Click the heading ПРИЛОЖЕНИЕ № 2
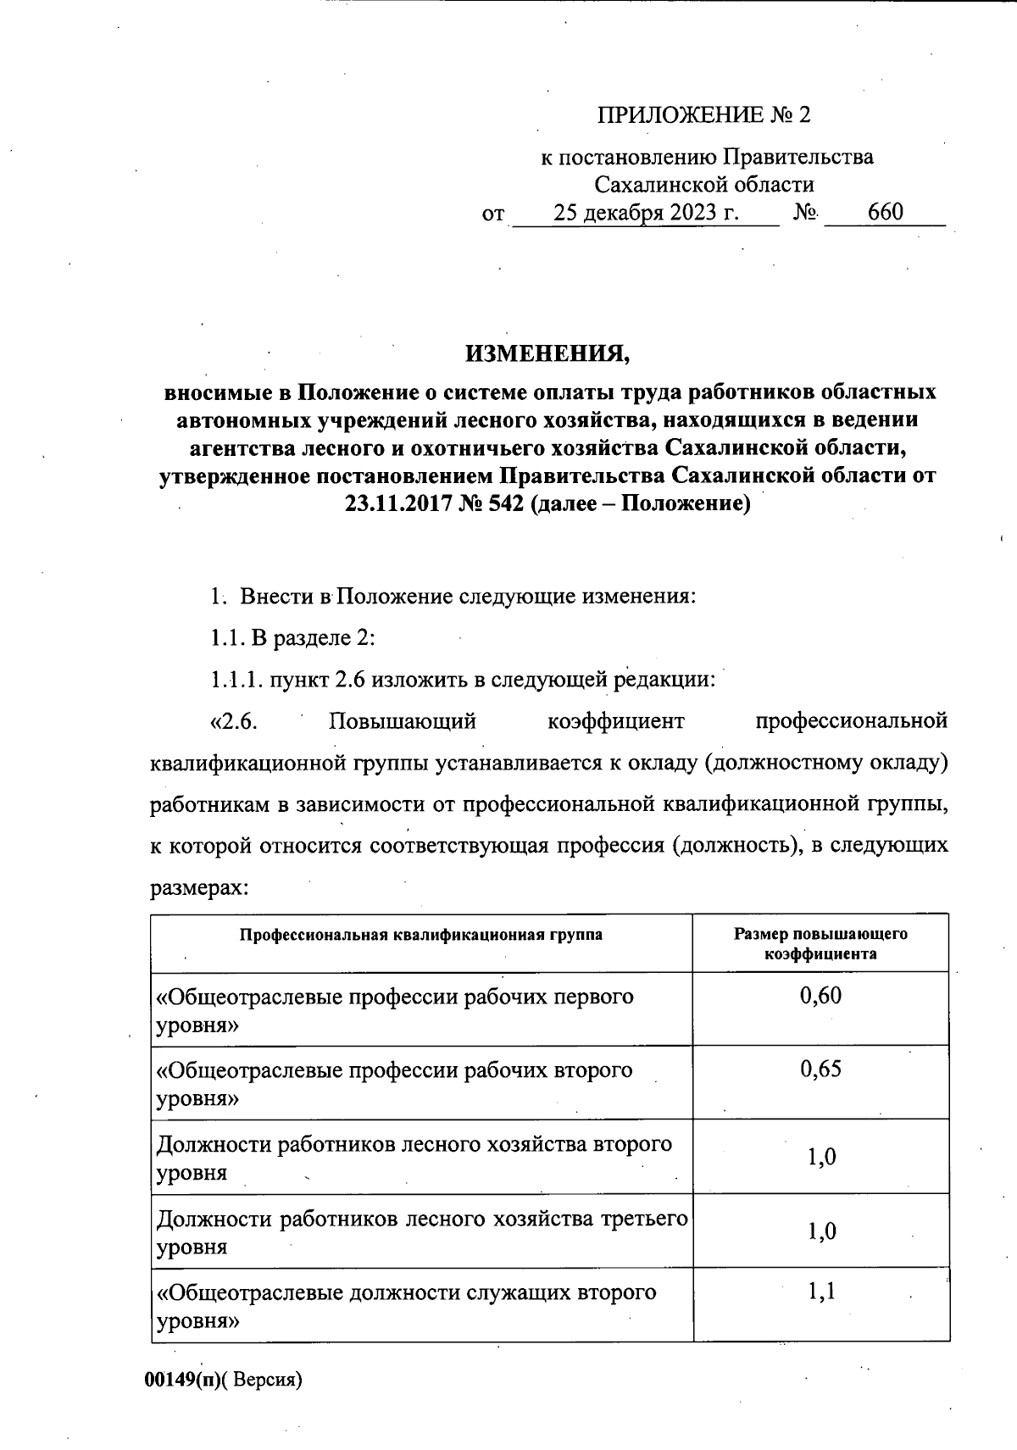pyautogui.click(x=704, y=114)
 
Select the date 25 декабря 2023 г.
pyautogui.click(x=647, y=212)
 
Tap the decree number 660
pyautogui.click(x=886, y=212)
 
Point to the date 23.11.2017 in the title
pyautogui.click(x=396, y=504)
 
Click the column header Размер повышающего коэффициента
pyautogui.click(x=820, y=943)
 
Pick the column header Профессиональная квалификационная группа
pyautogui.click(x=421, y=935)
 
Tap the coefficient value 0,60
pyautogui.click(x=820, y=995)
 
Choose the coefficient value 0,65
pyautogui.click(x=820, y=1069)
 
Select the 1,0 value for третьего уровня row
pyautogui.click(x=820, y=1231)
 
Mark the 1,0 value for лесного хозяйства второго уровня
pyautogui.click(x=820, y=1157)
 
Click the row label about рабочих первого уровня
pyautogui.click(x=395, y=1010)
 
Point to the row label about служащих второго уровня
pyautogui.click(x=407, y=1307)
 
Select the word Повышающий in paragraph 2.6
pyautogui.click(x=403, y=722)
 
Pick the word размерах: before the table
pyautogui.click(x=199, y=888)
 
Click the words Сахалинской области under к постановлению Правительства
pyautogui.click(x=704, y=185)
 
